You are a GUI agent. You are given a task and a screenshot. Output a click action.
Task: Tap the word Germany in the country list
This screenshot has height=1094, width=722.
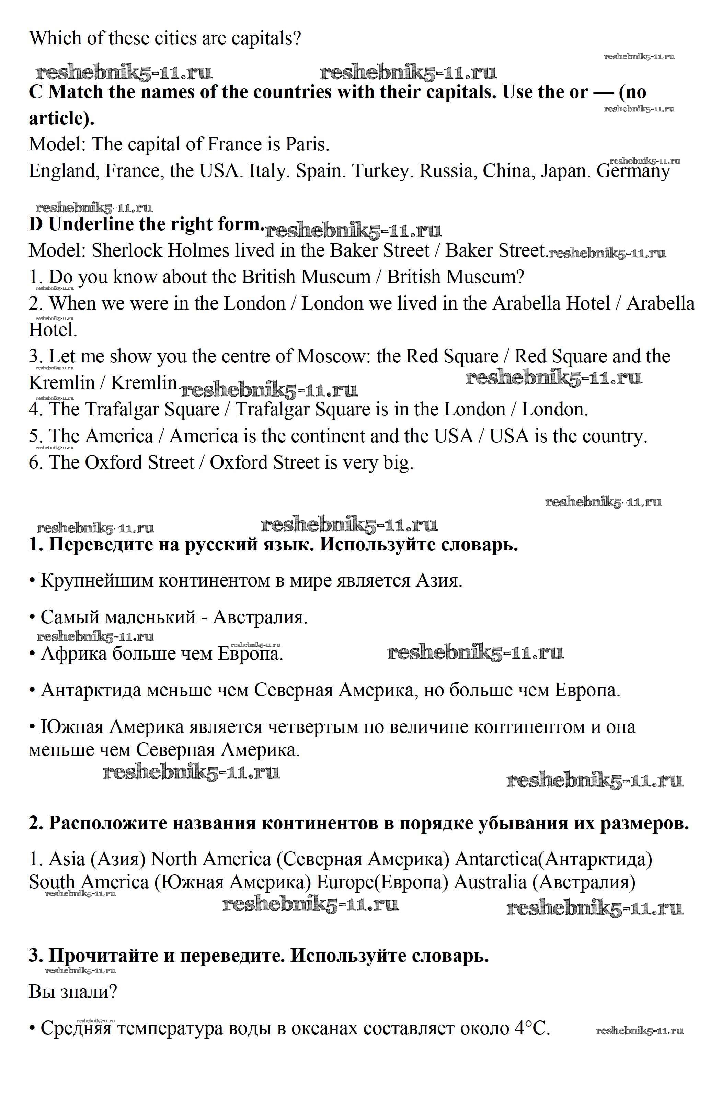tap(633, 171)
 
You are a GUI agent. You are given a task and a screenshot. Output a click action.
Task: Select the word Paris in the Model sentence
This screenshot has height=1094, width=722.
tap(307, 145)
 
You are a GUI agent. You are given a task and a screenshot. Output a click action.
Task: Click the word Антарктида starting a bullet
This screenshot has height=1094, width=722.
tap(92, 690)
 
